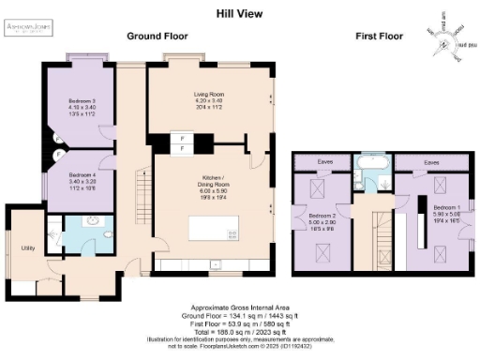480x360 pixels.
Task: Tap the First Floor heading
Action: [379, 36]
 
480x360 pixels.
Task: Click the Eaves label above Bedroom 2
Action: [325, 161]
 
